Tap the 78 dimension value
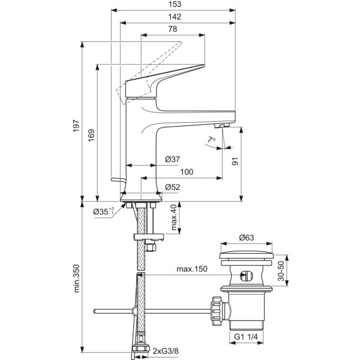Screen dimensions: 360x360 tap(172, 29)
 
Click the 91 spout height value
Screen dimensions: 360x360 tap(235, 161)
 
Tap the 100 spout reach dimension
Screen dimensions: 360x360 tap(187, 172)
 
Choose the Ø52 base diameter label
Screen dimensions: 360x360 tap(172, 186)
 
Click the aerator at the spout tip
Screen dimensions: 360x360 tap(221, 125)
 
